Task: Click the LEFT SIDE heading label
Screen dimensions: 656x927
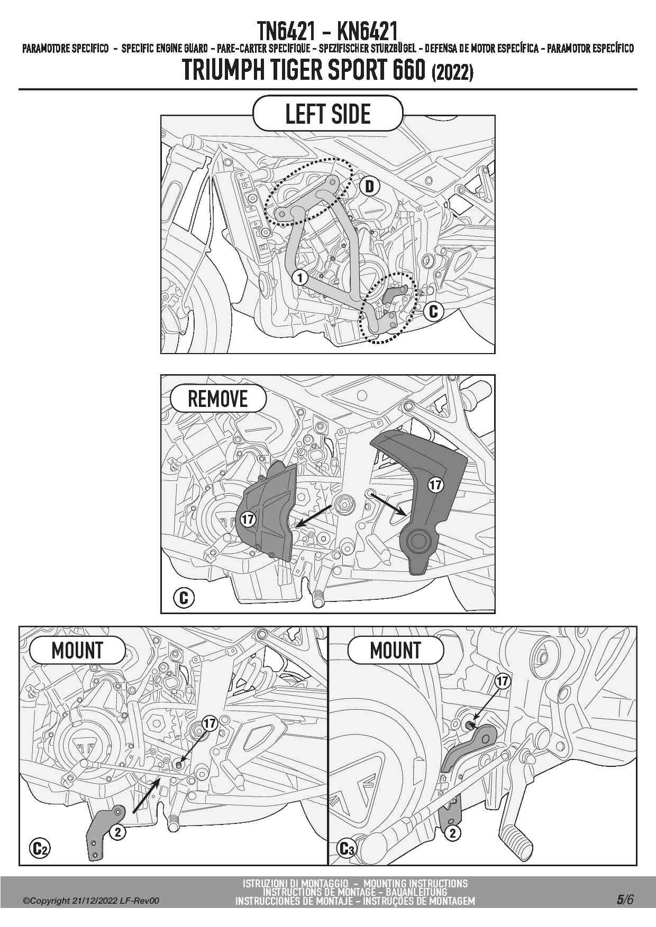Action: pos(327,114)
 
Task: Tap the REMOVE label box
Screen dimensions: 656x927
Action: pos(217,399)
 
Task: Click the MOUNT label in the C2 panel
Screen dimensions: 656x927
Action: pos(77,651)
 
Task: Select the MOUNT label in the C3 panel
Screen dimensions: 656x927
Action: pos(395,651)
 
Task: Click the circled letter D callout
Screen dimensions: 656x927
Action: pos(370,186)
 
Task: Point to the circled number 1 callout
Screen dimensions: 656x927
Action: pos(300,277)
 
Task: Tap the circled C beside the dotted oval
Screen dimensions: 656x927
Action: pos(433,311)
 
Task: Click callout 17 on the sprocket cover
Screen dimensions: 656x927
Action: pos(248,520)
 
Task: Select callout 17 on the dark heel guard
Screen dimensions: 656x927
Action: pos(435,485)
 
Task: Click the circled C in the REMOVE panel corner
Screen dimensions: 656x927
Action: pos(184,598)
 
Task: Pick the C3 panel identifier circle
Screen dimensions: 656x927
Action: pos(347,849)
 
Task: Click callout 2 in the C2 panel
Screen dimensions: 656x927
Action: pos(117,832)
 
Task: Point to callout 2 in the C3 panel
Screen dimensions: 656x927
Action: pos(452,833)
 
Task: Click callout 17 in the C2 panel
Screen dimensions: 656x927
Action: pos(210,723)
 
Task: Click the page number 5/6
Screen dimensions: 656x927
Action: pos(624,900)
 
